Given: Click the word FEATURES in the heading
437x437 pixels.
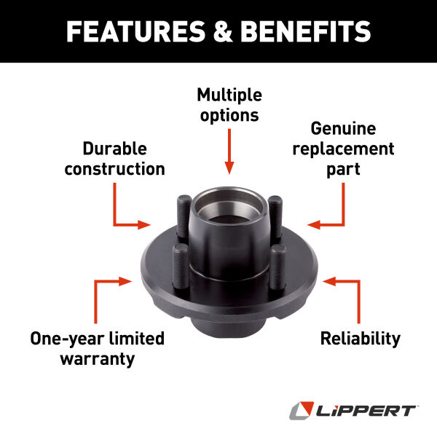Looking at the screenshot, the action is [136, 31].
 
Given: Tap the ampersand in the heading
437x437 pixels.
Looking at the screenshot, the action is [223, 31].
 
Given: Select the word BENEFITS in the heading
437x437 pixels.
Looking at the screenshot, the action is [305, 31].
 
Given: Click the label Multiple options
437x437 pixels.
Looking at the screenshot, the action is [229, 105].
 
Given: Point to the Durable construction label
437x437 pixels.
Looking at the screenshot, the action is [114, 159].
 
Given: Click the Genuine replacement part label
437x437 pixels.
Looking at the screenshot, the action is [343, 149].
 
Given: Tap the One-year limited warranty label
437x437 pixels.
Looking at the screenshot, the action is [98, 349].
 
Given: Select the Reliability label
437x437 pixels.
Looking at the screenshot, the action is [361, 339].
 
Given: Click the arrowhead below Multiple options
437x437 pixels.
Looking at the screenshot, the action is [229, 168].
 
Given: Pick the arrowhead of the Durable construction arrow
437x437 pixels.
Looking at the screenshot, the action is [144, 224].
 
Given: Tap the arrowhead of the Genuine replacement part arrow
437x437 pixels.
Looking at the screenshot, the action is [314, 224].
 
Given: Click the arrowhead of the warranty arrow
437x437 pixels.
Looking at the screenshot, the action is [125, 281].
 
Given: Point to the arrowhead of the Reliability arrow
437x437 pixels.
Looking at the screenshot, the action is [329, 281].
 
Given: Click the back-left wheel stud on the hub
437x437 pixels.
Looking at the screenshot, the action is [184, 218].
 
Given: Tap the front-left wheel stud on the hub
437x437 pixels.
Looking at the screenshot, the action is [181, 267].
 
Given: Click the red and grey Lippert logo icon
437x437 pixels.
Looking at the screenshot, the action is [302, 410].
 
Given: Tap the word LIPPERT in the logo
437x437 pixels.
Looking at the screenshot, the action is [366, 411].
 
